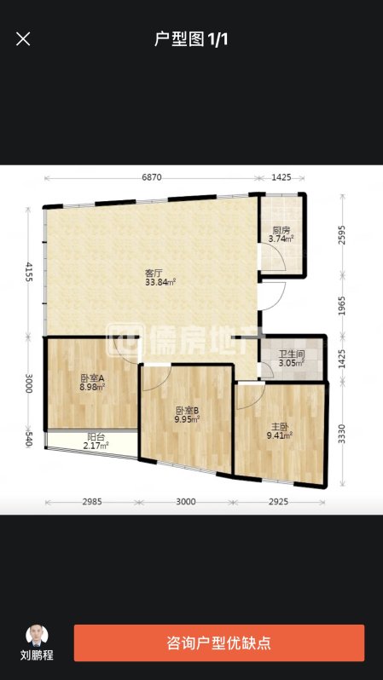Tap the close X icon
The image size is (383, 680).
[23, 39]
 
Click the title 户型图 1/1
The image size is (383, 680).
[191, 39]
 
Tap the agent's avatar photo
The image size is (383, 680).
[37, 636]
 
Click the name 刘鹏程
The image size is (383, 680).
[37, 654]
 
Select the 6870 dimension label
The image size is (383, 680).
[152, 177]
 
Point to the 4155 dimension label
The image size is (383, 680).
[29, 272]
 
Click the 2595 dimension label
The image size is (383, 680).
[343, 235]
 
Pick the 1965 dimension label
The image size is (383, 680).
[343, 305]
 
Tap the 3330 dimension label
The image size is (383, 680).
[343, 434]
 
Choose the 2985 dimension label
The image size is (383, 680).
[91, 502]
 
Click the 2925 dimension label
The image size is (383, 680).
[278, 502]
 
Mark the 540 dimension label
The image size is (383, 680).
[29, 440]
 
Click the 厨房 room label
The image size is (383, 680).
[281, 230]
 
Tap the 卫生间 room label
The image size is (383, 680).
[292, 355]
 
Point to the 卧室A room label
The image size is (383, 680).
[92, 378]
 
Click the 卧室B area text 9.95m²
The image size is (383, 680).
[188, 419]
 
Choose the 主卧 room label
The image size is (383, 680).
[279, 426]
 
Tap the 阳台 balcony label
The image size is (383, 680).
[96, 438]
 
